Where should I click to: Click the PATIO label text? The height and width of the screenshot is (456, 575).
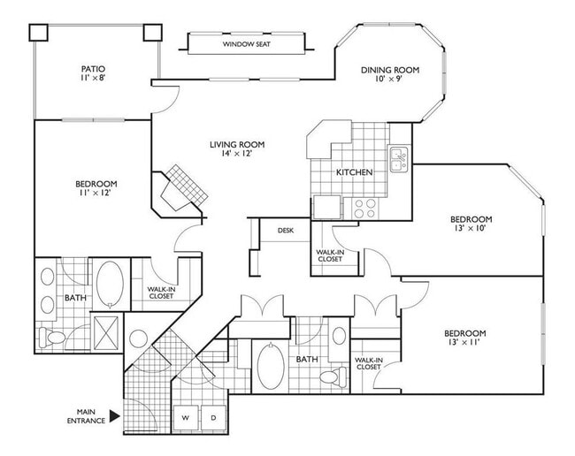(x=93, y=67)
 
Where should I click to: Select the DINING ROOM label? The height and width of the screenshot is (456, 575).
(x=389, y=71)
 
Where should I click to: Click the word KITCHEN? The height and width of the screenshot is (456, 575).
(x=353, y=171)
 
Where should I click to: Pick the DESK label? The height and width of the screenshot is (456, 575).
(x=285, y=230)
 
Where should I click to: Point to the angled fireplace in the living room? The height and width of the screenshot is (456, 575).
(x=183, y=186)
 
